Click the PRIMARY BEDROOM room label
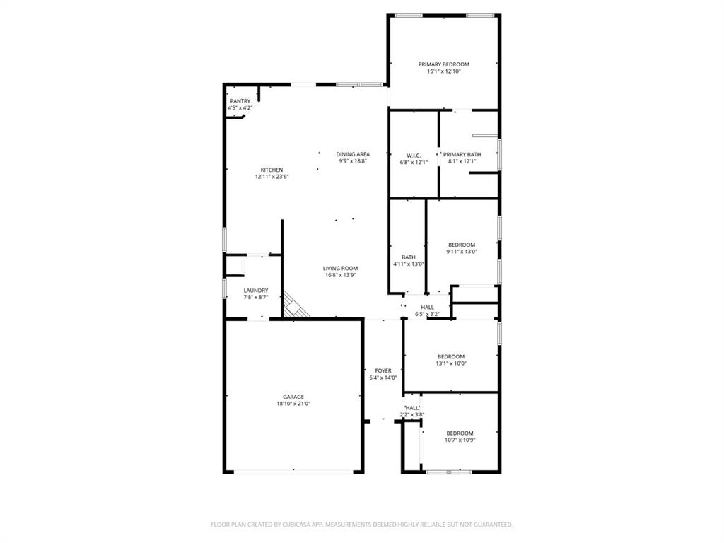click(443, 64)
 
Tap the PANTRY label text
click(240, 101)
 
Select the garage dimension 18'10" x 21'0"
click(293, 404)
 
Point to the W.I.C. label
click(414, 156)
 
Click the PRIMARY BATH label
click(462, 155)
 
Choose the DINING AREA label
click(353, 154)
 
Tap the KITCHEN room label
click(271, 170)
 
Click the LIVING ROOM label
click(340, 268)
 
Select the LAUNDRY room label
click(255, 290)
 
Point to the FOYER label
click(383, 370)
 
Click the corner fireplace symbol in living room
click(296, 305)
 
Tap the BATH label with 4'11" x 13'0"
click(409, 257)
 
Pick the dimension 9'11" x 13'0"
click(461, 251)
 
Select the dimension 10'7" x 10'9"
click(460, 440)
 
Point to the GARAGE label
click(293, 397)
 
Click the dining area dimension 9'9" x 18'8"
click(353, 161)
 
